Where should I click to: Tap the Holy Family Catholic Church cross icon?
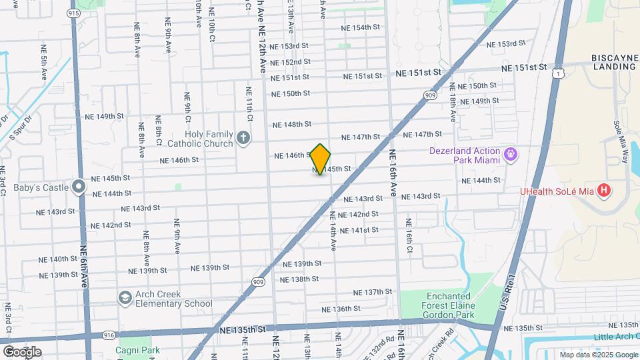point(243,139)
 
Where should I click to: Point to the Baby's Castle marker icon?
point(79,187)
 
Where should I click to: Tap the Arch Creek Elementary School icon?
point(125,297)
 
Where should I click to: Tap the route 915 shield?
point(73,13)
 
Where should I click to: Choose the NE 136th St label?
point(341,309)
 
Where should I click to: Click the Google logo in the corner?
point(22,351)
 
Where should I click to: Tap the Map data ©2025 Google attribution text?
point(599,355)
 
